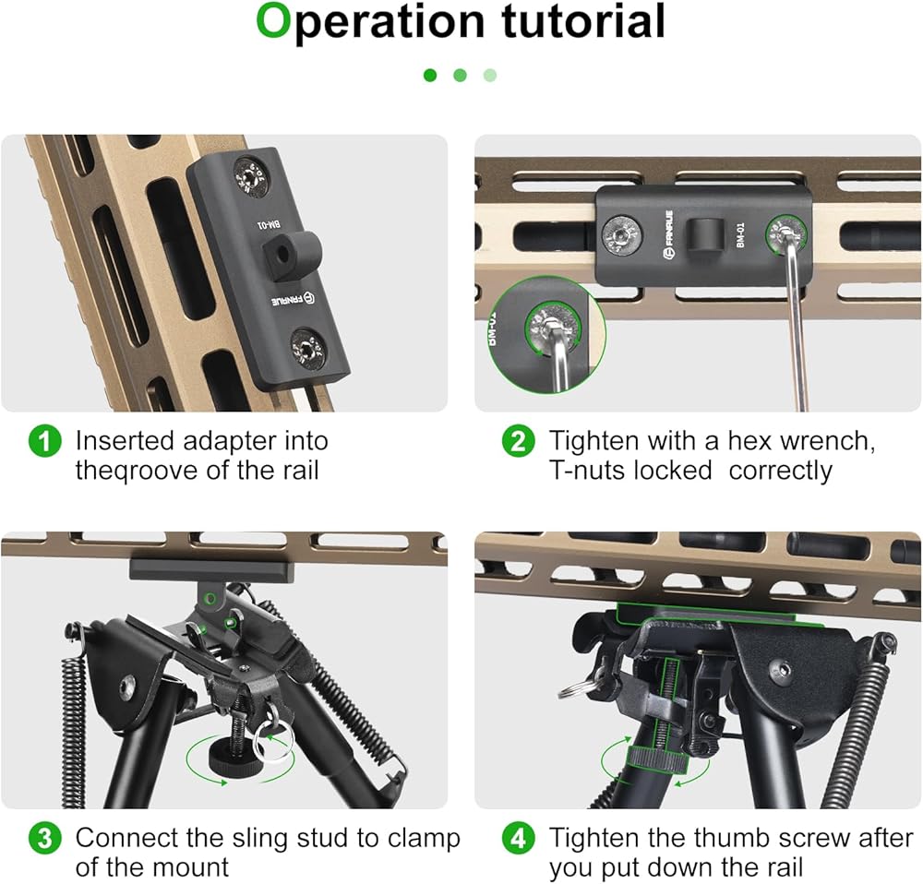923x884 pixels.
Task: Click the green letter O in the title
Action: pos(274,21)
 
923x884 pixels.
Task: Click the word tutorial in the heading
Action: pos(583,21)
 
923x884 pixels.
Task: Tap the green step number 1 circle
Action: pos(44,441)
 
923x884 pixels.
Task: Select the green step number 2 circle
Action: pos(518,441)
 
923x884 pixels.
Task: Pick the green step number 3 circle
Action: pos(44,838)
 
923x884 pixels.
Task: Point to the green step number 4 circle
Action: pos(518,838)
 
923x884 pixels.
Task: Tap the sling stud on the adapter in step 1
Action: pos(291,256)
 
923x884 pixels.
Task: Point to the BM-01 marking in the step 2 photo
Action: pos(740,234)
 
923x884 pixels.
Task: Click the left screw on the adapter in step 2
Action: pos(620,234)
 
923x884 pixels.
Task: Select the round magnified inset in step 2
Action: pos(545,335)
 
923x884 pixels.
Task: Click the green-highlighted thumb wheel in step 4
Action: pos(657,759)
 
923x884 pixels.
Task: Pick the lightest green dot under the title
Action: pos(490,76)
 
